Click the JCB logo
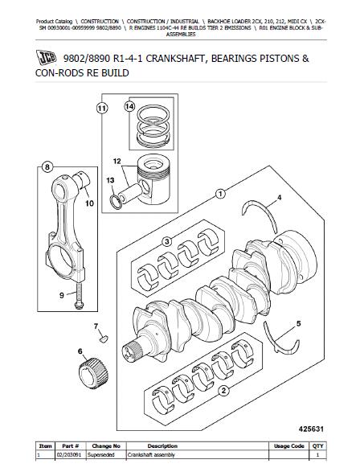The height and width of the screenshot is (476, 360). click(x=46, y=57)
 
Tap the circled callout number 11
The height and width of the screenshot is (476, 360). click(x=103, y=108)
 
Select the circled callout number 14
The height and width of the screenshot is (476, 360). click(x=129, y=106)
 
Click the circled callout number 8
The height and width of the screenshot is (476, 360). click(x=47, y=167)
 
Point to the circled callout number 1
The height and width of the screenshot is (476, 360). click(x=220, y=194)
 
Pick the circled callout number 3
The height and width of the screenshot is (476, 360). click(x=167, y=242)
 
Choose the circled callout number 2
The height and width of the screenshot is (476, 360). click(x=223, y=391)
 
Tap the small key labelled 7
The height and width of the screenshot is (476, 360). click(x=104, y=339)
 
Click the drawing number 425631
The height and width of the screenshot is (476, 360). click(x=311, y=429)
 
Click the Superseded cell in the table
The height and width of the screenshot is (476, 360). click(x=101, y=455)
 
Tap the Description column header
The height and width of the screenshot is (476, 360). click(x=162, y=446)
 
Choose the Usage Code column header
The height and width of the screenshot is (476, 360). click(x=289, y=446)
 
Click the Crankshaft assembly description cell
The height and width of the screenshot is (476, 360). click(x=151, y=455)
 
